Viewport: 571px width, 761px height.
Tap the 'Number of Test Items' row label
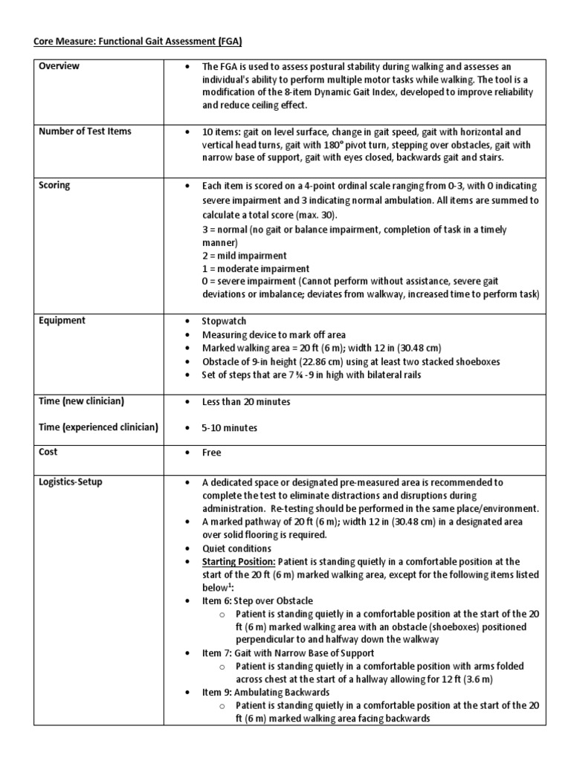tap(86, 132)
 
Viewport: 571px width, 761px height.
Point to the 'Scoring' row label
tap(55, 185)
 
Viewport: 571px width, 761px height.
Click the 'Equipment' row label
tap(62, 320)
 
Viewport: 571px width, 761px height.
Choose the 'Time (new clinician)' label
tap(82, 401)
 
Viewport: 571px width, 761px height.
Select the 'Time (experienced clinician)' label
tap(99, 427)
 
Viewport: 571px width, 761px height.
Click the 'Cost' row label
tap(48, 452)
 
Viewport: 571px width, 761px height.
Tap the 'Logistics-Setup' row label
tap(71, 482)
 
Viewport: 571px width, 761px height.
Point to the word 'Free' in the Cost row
tap(212, 453)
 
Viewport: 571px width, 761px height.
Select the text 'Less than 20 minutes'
tap(246, 402)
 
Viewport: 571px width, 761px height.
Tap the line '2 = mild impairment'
tap(244, 256)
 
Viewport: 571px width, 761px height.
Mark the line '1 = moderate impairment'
tap(256, 268)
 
